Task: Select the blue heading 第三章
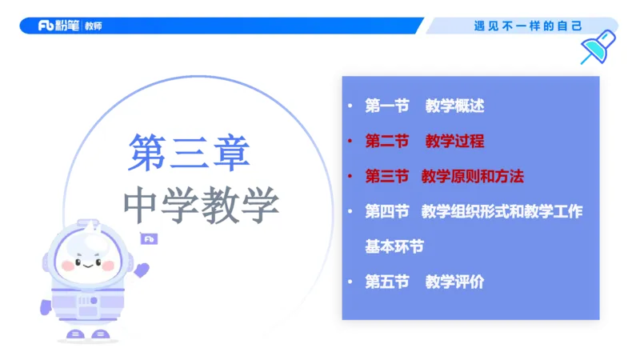(190, 151)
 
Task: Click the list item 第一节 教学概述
(424, 106)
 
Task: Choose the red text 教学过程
(454, 142)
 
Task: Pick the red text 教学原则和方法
(472, 176)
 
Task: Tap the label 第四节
(387, 211)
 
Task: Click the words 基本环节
(394, 246)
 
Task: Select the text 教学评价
(454, 282)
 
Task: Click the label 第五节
(387, 282)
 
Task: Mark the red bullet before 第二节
(350, 142)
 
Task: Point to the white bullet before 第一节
(350, 106)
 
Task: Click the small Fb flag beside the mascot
(148, 238)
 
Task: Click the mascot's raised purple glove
(142, 270)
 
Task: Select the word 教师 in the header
(94, 26)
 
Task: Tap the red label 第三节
(387, 176)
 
